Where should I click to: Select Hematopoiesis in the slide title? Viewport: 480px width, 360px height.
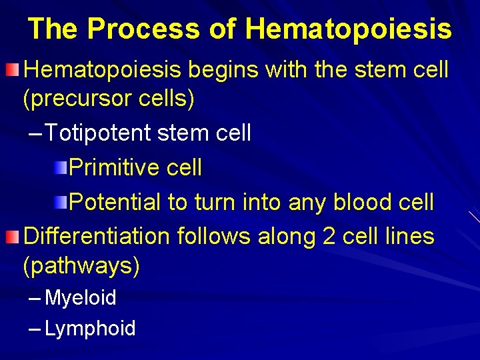tap(348, 29)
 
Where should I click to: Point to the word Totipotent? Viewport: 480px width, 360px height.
tap(100, 133)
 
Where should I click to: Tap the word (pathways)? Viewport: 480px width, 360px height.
tap(81, 265)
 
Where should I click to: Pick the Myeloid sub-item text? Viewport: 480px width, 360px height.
tap(80, 297)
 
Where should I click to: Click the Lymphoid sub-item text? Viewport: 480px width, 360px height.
tap(90, 328)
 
